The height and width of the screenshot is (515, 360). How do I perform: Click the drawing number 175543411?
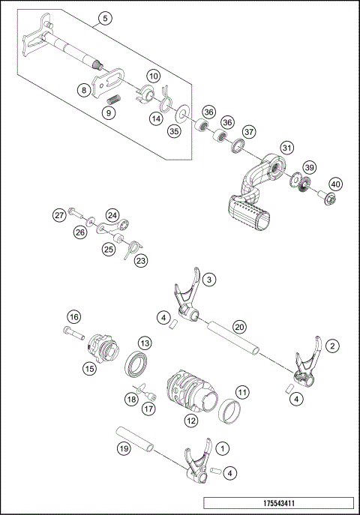(x=277, y=504)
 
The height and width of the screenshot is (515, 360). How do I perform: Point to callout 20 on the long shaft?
(x=239, y=326)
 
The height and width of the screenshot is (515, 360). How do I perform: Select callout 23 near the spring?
(x=141, y=260)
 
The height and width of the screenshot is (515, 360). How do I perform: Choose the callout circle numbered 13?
(x=145, y=342)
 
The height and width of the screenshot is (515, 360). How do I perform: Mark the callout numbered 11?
(x=242, y=391)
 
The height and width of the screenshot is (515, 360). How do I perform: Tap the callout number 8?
(x=84, y=88)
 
